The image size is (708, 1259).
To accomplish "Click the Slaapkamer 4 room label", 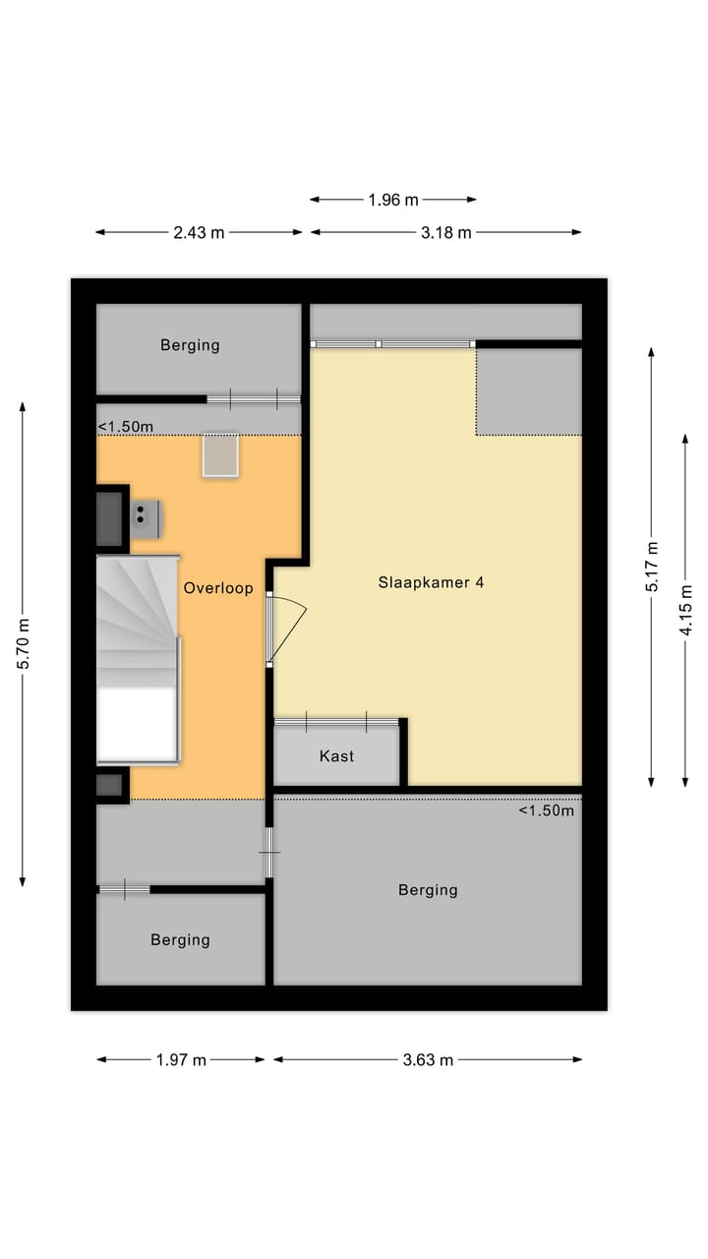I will point(431,582).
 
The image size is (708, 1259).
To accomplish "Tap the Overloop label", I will point(217,588).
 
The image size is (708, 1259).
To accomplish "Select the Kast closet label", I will point(336,756).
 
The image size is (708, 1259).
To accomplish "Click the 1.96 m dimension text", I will point(393,200).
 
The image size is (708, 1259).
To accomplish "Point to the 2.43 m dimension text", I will point(199,232).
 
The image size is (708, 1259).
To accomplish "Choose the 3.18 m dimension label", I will point(445,232).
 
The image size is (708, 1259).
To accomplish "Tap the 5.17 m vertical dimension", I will point(652,566).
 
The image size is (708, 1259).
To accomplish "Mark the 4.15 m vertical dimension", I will point(686,611).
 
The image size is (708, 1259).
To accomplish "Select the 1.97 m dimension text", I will point(181,1059).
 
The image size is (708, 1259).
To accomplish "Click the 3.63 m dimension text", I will point(428,1059).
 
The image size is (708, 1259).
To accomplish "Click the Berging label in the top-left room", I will point(190,345).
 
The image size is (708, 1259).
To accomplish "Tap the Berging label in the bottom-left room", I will point(180,940).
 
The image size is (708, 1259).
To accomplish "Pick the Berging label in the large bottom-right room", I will point(428,890).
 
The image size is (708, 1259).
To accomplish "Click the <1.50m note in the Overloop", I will point(126,427).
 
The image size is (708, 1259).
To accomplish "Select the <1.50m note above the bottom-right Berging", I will point(546,811).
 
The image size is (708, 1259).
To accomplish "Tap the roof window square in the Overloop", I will point(220,455).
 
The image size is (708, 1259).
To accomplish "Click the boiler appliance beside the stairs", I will point(146,518).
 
